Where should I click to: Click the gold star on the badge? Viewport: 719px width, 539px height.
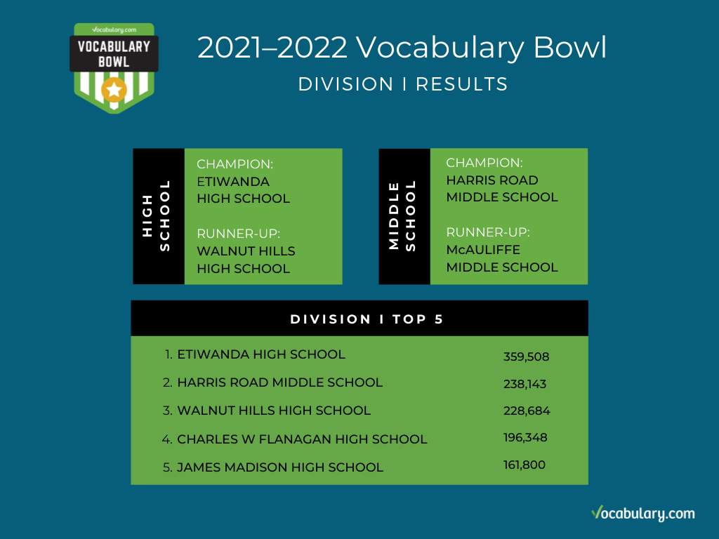[114, 90]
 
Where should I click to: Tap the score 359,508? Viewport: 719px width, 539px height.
[526, 357]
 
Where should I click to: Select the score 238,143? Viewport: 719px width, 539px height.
[525, 384]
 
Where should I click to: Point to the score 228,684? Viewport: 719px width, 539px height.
[527, 411]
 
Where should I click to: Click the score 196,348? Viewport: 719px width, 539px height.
[525, 438]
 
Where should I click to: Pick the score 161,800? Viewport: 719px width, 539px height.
[524, 465]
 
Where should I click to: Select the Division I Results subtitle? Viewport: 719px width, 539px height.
[403, 84]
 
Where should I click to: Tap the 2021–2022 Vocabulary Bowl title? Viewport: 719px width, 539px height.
[402, 48]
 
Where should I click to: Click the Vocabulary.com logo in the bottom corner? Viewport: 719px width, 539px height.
[643, 513]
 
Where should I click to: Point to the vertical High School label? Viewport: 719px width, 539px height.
[156, 215]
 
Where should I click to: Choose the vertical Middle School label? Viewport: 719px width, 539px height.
[402, 215]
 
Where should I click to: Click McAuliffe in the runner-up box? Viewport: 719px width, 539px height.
[483, 250]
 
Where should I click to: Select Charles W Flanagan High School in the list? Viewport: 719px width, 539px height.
[302, 439]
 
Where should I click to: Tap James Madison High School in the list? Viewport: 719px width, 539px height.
[280, 467]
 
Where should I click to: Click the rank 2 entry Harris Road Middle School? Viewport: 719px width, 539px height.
[279, 382]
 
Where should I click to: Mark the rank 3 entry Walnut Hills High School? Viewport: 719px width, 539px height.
[274, 410]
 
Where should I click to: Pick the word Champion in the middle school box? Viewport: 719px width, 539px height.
[484, 163]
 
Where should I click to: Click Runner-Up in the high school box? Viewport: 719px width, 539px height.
[238, 234]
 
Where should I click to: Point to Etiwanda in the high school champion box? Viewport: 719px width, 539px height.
[233, 182]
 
